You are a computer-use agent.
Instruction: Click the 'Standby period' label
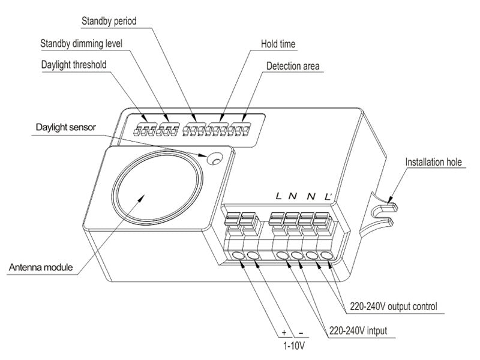tap(109, 22)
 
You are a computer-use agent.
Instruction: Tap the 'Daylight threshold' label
tap(74, 64)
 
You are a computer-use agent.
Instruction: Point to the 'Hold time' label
tap(278, 44)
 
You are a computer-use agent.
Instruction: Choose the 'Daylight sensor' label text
tap(66, 128)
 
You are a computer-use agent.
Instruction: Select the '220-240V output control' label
tap(394, 307)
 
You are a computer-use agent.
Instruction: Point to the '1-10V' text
tap(294, 346)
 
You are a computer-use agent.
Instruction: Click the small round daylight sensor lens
tap(214, 159)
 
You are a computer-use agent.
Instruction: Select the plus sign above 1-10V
tap(284, 333)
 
